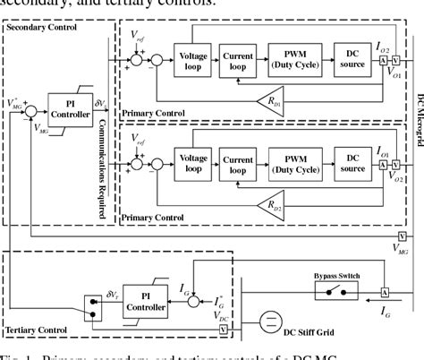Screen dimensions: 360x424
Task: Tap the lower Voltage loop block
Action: pos(194,159)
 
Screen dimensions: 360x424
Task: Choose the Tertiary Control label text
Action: pos(37,330)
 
